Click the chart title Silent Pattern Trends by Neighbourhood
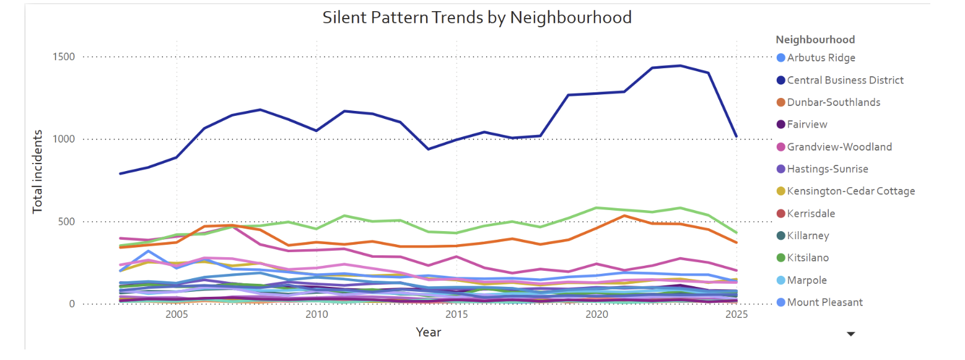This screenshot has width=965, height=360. pyautogui.click(x=477, y=17)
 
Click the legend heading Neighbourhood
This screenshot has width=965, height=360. pyautogui.click(x=815, y=40)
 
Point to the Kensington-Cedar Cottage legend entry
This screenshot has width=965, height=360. pyautogui.click(x=851, y=191)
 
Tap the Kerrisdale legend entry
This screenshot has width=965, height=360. pyautogui.click(x=811, y=213)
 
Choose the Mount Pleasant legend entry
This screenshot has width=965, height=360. pyautogui.click(x=825, y=302)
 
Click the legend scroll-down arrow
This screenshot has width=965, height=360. pyautogui.click(x=851, y=334)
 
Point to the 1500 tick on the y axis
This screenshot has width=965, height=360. pyautogui.click(x=63, y=57)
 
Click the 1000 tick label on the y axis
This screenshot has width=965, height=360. pyautogui.click(x=63, y=139)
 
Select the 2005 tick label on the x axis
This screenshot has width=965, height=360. pyautogui.click(x=177, y=315)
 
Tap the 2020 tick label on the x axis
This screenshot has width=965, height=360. pyautogui.click(x=596, y=315)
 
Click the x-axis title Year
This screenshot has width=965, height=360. pyautogui.click(x=428, y=333)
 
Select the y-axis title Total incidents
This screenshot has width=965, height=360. pyautogui.click(x=38, y=171)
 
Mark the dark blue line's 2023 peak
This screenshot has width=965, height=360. pyautogui.click(x=681, y=66)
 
